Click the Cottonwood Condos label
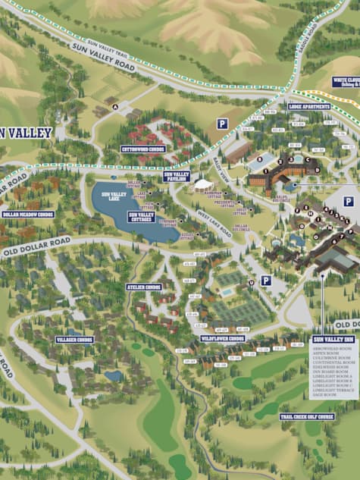[142, 149]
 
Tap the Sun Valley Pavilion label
[177, 175]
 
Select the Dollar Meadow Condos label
[28, 215]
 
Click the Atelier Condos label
[144, 287]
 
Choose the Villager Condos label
[74, 340]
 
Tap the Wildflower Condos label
[224, 338]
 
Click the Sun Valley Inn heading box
[333, 340]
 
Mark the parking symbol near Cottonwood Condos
[222, 124]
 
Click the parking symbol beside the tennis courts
[266, 281]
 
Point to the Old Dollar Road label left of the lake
[36, 247]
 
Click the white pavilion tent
[203, 184]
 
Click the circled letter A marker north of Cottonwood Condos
[115, 107]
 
